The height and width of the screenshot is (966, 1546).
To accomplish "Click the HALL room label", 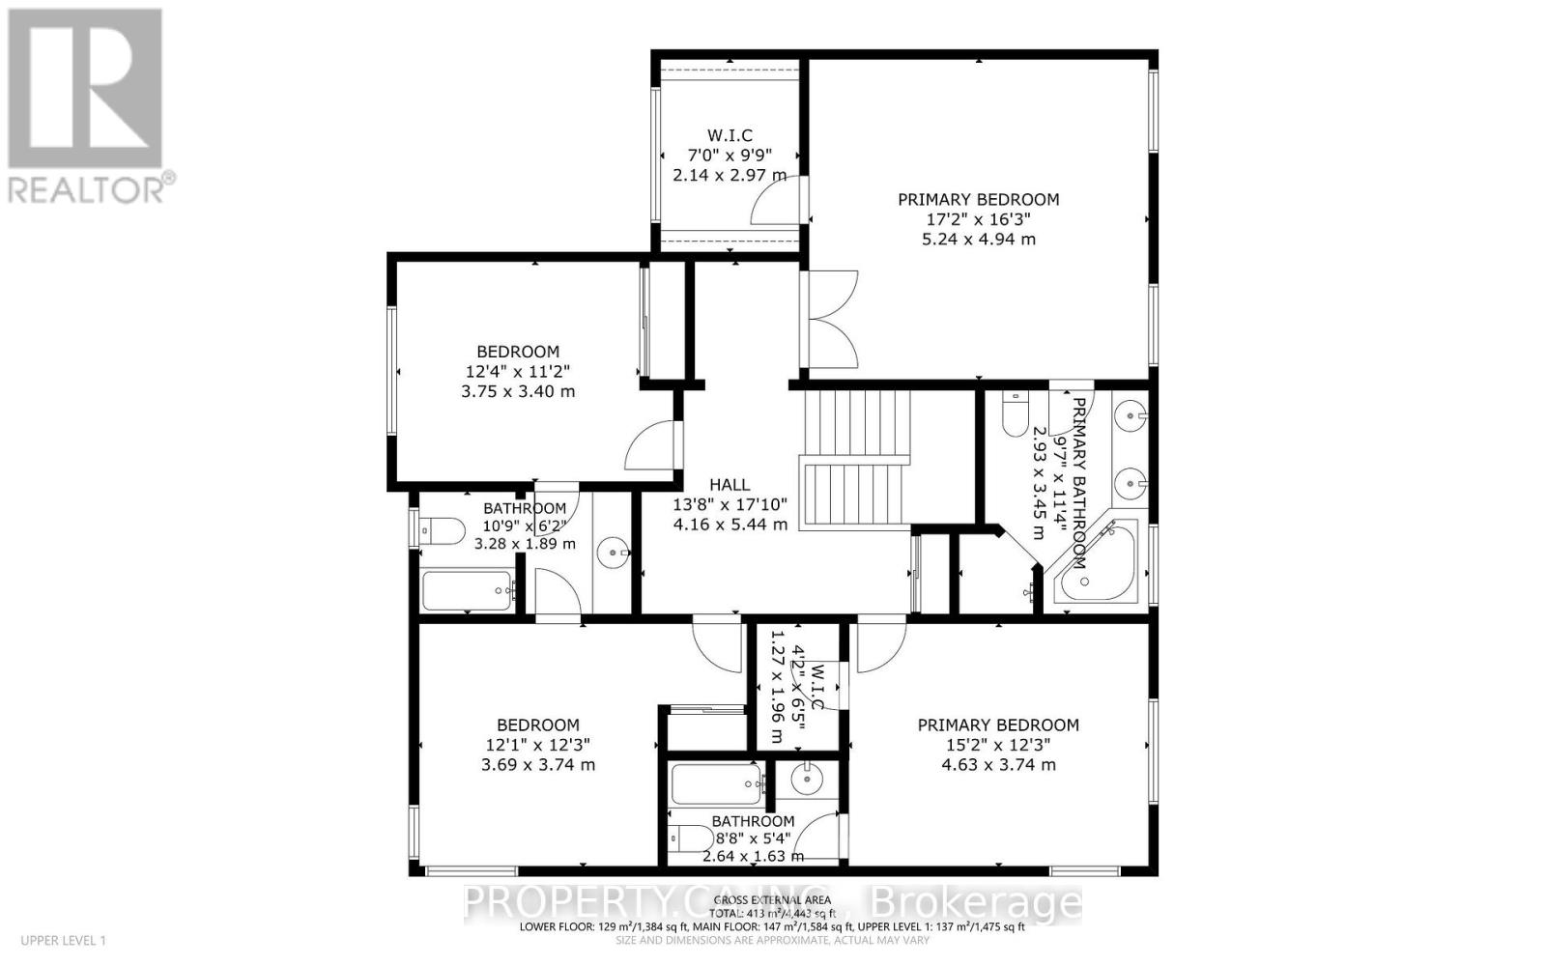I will click(730, 485).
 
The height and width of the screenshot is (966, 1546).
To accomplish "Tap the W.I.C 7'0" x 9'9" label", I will click(730, 156).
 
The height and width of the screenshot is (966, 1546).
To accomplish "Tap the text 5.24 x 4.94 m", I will click(978, 239).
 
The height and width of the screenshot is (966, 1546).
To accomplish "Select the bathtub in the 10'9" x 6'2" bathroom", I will click(467, 590).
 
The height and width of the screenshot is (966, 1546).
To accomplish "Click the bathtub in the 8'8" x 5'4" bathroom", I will click(716, 784).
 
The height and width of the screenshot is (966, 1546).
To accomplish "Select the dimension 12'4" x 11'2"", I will click(518, 371).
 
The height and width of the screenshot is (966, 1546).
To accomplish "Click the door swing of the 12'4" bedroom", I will click(651, 445).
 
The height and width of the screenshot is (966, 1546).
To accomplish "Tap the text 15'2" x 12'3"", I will click(998, 745).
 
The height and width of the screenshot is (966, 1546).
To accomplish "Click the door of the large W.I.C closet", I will click(775, 203).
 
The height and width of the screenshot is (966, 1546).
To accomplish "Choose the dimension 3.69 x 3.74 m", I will click(537, 764).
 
